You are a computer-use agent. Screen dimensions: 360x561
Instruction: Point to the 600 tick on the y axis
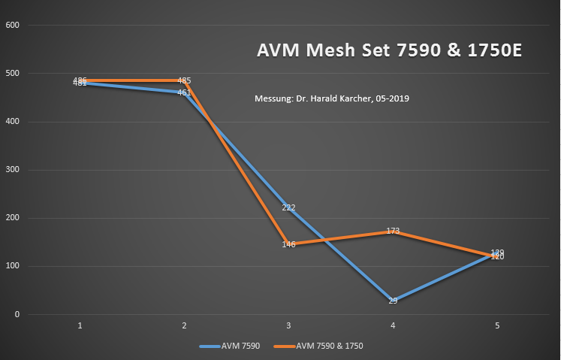click(x=13, y=26)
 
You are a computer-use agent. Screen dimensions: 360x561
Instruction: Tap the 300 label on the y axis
click(x=13, y=170)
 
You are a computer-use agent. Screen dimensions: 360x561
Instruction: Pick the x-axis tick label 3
click(x=288, y=325)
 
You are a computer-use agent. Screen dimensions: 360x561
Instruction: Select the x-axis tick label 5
click(x=497, y=325)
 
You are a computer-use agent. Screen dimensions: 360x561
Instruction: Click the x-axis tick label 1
click(x=80, y=325)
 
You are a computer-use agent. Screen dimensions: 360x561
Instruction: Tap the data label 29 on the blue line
click(x=393, y=301)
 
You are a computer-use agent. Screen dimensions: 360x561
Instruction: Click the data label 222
click(x=288, y=207)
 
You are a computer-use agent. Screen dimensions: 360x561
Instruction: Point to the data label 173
click(x=393, y=231)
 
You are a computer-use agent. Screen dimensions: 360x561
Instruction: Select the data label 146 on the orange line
click(x=288, y=244)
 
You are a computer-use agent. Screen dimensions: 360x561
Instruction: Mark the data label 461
click(x=184, y=92)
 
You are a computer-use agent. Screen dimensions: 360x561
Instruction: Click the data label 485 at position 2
click(x=184, y=80)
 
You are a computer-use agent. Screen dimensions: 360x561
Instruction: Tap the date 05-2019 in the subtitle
click(x=391, y=98)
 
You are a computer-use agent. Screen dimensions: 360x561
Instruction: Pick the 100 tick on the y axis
click(x=13, y=266)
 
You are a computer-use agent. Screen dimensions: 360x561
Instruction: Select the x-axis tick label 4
click(x=393, y=325)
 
